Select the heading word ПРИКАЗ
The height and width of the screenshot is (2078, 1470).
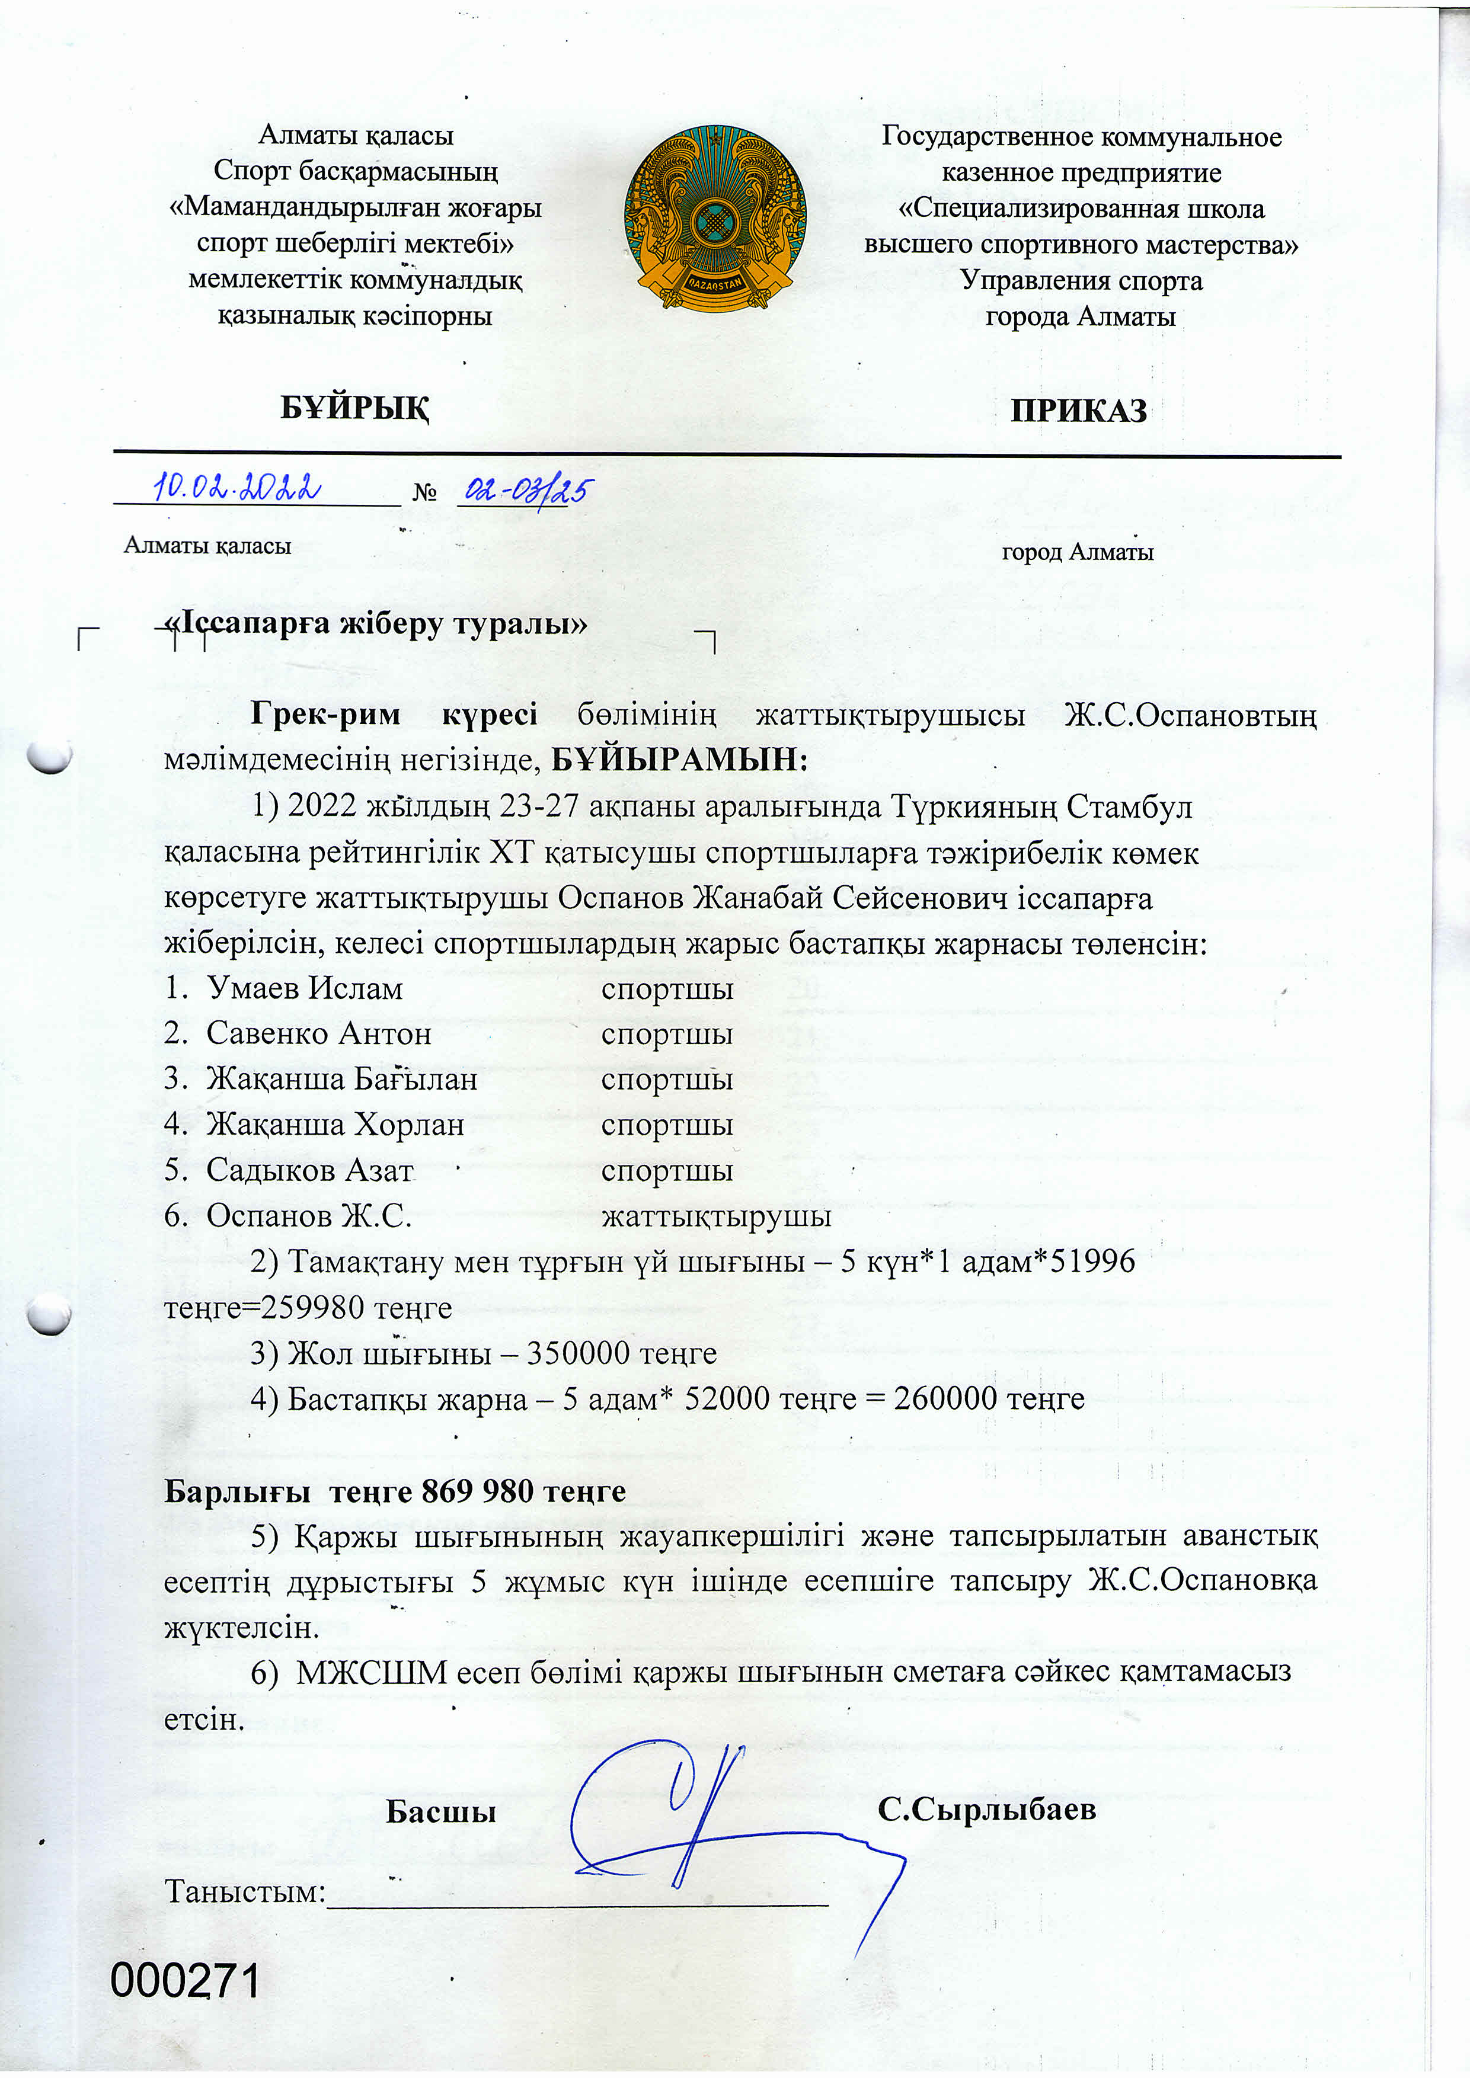1078,411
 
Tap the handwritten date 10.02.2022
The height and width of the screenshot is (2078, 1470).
237,487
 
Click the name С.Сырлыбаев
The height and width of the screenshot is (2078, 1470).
987,1809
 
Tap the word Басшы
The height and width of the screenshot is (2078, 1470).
441,1811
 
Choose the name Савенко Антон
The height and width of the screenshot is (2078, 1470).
319,1033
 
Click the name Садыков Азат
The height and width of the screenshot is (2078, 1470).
309,1170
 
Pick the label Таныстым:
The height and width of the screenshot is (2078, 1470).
244,1891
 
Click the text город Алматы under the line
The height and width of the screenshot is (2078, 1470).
1077,552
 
